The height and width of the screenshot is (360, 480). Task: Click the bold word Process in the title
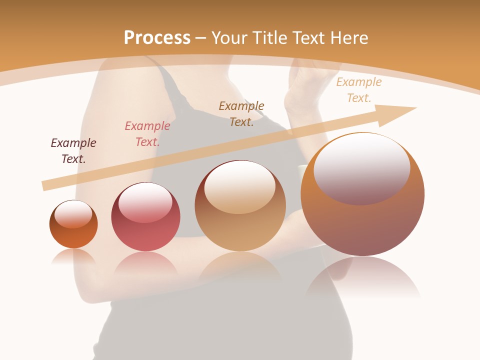coord(157,38)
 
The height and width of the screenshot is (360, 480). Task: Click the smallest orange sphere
coord(73,235)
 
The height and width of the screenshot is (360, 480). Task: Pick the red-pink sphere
coord(145,235)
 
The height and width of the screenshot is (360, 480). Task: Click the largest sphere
coord(362,225)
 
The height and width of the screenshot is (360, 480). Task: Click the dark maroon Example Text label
coord(73,150)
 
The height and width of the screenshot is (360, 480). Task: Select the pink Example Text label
coord(147,134)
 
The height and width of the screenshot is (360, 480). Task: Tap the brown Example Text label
coord(241,113)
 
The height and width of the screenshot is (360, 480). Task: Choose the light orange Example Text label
coord(358,90)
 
